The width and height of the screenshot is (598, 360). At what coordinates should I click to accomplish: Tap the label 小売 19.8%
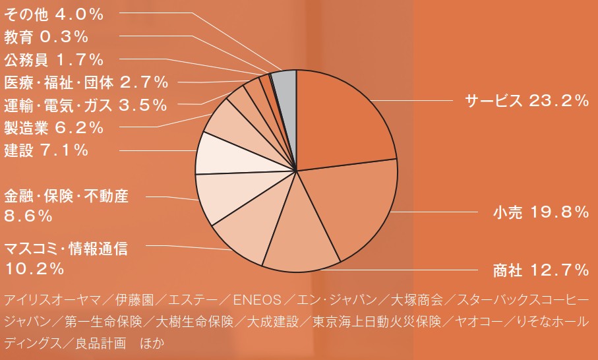point(540,212)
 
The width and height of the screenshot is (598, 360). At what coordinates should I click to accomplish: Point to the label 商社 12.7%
point(540,270)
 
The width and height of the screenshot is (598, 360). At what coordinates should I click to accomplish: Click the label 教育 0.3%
point(45,36)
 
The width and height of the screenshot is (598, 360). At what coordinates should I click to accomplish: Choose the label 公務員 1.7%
point(53,60)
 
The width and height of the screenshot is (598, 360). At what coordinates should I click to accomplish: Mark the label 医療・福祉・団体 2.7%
point(86,82)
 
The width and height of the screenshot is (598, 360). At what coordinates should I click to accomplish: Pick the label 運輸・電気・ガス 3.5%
point(85,105)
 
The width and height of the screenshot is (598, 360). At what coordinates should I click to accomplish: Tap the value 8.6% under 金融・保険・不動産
point(28,216)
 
